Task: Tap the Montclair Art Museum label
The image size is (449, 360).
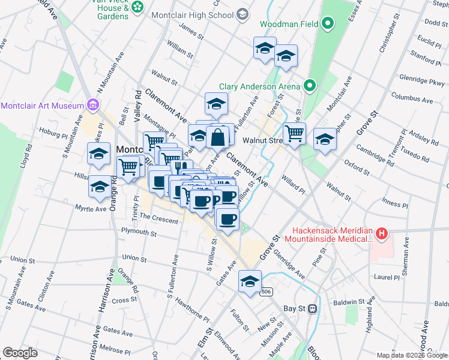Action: (x=42, y=106)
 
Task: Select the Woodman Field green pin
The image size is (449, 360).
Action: (x=327, y=24)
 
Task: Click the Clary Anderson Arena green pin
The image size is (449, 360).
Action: (x=310, y=86)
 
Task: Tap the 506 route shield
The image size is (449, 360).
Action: (x=267, y=292)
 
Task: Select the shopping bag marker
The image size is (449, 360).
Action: (x=217, y=137)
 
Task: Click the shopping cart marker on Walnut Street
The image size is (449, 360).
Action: (x=294, y=133)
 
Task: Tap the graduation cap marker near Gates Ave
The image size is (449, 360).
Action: (x=250, y=280)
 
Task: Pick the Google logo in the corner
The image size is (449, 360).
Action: (x=20, y=352)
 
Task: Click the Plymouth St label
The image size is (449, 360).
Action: (x=139, y=232)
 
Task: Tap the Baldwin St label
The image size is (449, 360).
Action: (x=350, y=302)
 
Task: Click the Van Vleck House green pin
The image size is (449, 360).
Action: (x=138, y=7)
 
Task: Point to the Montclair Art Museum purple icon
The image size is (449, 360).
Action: (x=92, y=106)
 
